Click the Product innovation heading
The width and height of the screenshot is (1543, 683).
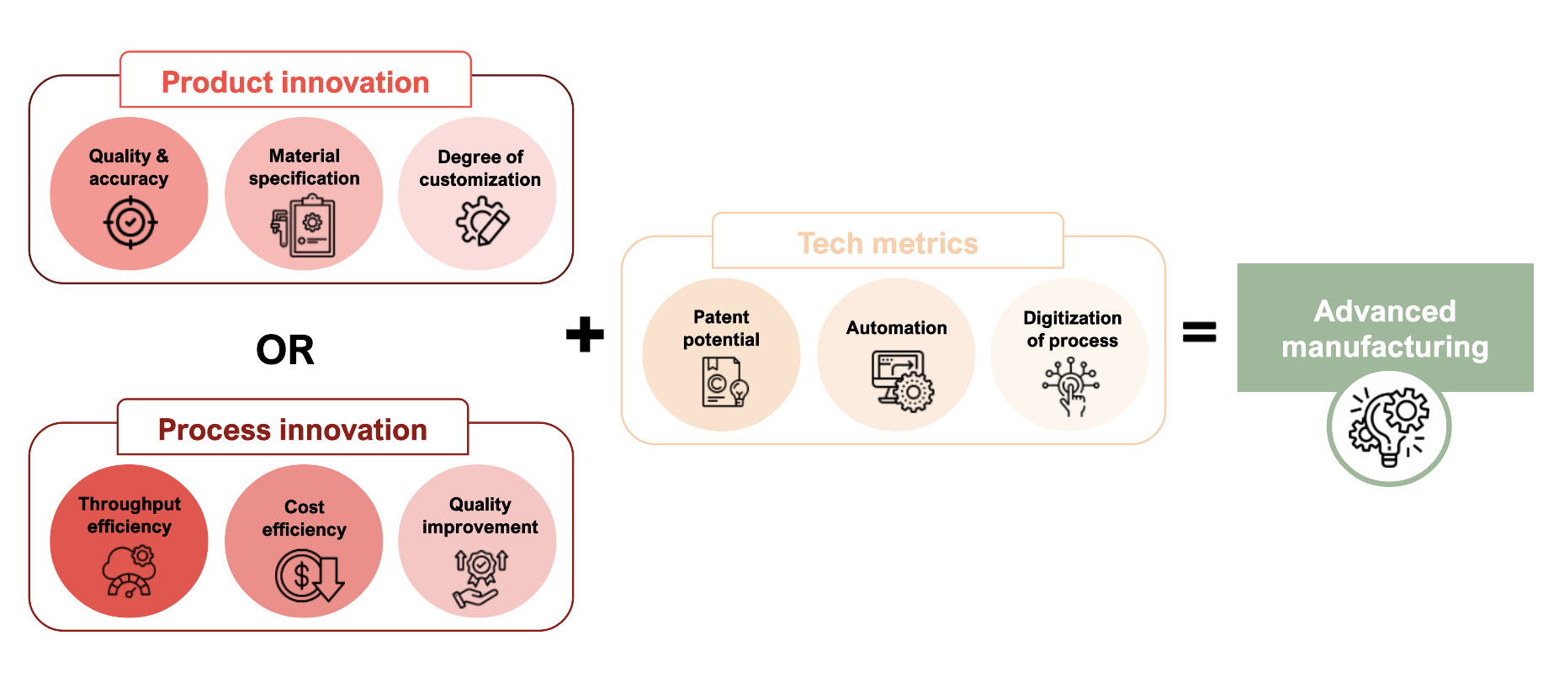295,82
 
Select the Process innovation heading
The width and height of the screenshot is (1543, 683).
293,430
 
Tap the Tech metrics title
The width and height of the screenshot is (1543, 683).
888,243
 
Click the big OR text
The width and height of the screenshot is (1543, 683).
285,350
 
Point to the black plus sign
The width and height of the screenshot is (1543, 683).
585,334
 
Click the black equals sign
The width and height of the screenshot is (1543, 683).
1199,331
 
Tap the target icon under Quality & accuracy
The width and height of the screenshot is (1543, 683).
130,223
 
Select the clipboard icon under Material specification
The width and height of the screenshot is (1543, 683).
304,226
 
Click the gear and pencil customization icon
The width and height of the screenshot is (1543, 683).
482,221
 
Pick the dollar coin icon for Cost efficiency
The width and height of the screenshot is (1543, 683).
308,576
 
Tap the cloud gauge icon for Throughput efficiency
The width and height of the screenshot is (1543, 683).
130,571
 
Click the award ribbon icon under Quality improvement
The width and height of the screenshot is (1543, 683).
480,577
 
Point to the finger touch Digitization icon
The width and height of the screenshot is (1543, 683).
1070,386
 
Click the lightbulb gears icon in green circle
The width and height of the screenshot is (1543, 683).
1389,426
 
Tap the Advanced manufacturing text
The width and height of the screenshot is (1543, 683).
1385,329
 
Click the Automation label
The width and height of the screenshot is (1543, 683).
896,328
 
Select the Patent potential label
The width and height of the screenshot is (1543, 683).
721,328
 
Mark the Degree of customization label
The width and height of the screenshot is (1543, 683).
480,168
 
